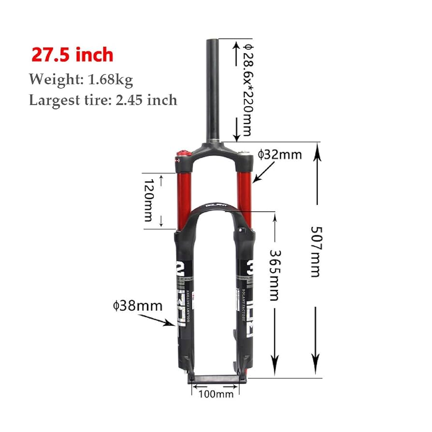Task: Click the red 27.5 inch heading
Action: pyautogui.click(x=72, y=55)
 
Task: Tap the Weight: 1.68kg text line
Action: pyautogui.click(x=81, y=79)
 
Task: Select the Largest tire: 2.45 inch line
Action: pyautogui.click(x=103, y=100)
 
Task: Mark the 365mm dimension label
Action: pyautogui.click(x=274, y=274)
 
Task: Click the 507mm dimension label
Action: pyautogui.click(x=315, y=251)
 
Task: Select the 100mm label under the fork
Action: pyautogui.click(x=216, y=394)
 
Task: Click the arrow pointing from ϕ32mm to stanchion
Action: pyautogui.click(x=264, y=172)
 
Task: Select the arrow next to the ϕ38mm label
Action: pyautogui.click(x=157, y=321)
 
